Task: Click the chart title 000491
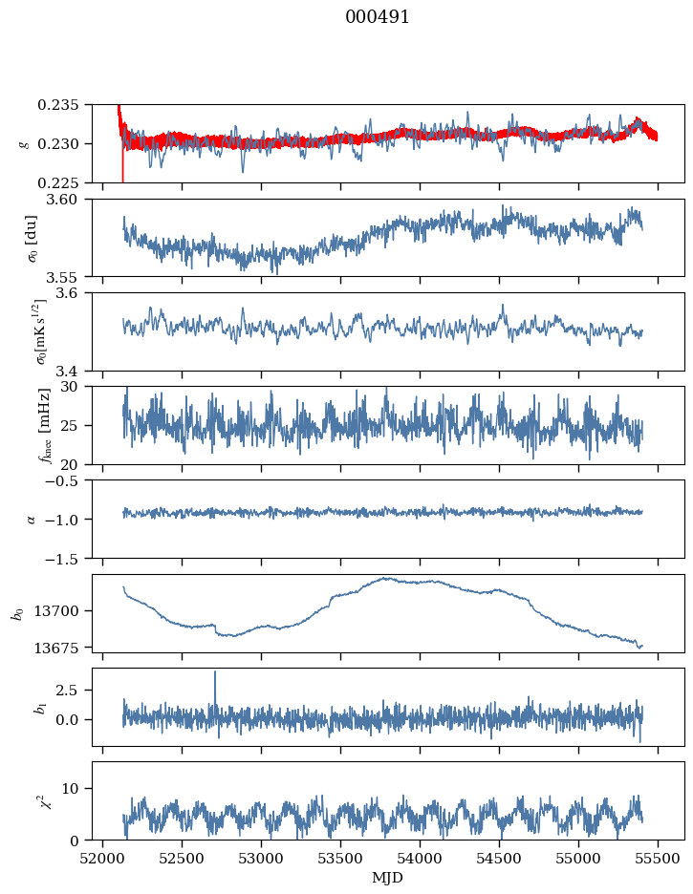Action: point(378,17)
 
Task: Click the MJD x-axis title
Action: point(388,877)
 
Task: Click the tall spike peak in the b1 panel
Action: point(215,671)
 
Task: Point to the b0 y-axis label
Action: point(17,613)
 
